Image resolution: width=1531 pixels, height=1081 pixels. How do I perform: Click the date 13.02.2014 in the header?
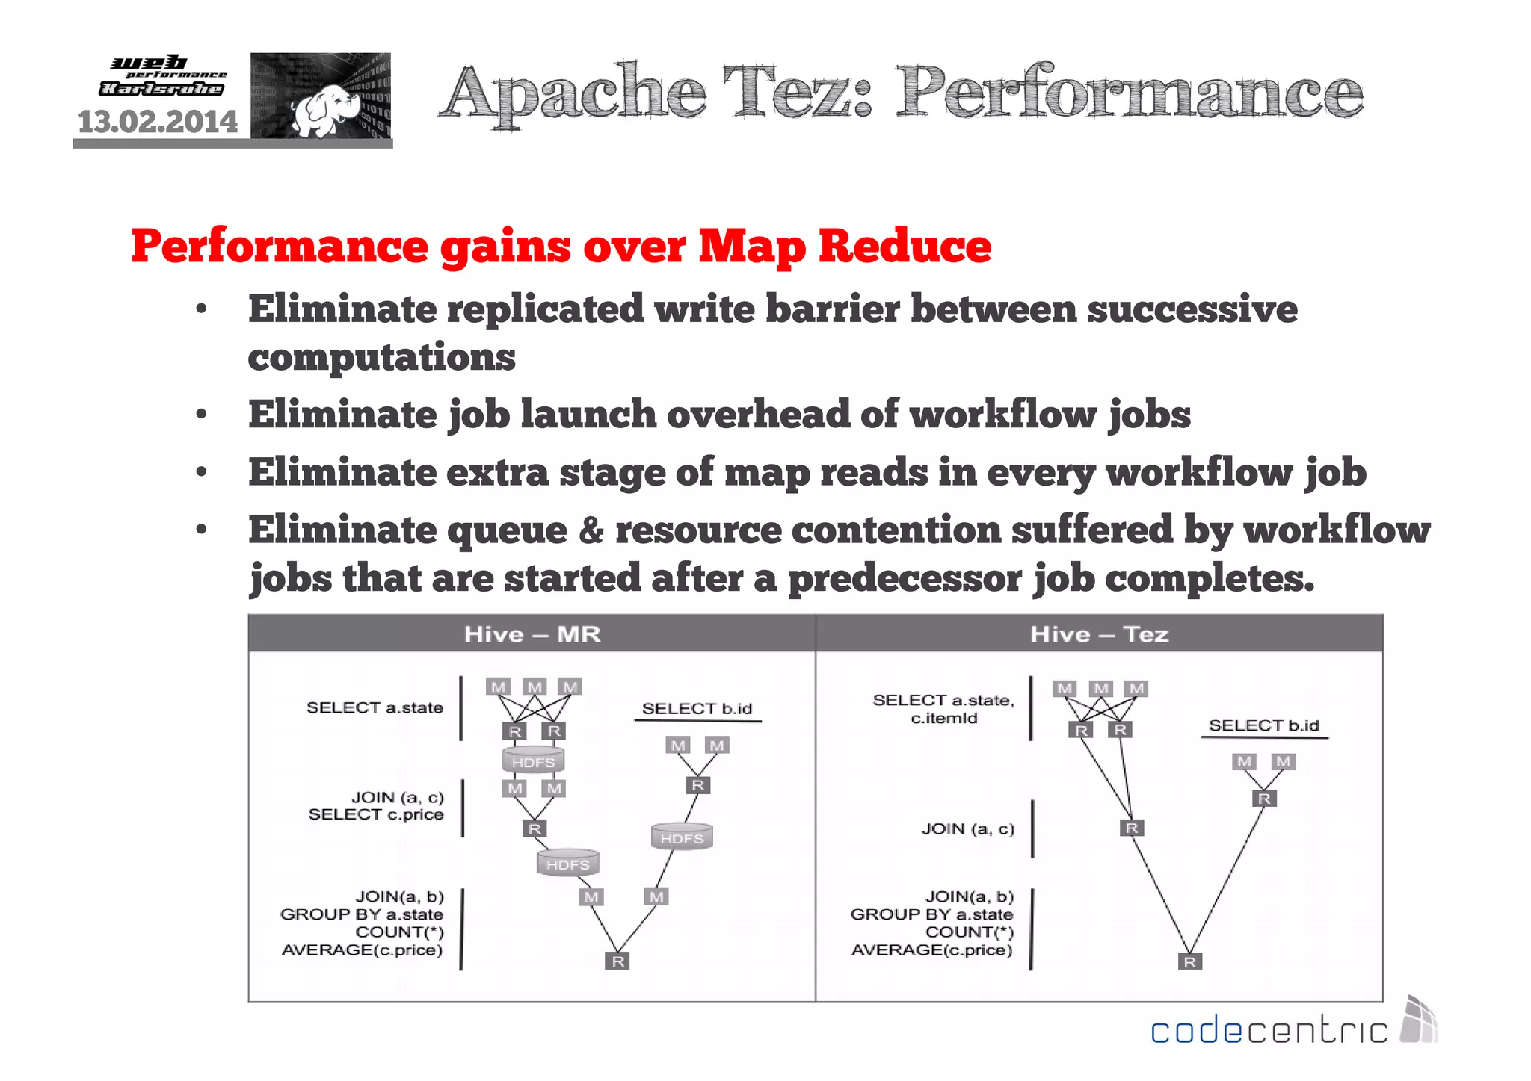pos(158,122)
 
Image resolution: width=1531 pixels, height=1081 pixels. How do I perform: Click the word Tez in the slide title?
pos(797,93)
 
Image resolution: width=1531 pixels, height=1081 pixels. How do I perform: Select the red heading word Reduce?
pos(905,246)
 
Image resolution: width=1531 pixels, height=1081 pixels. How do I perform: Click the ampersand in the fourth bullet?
pos(591,530)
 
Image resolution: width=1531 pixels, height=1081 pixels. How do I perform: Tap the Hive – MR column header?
pos(532,634)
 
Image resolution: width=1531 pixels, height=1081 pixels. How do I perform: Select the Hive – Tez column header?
pos(1099,634)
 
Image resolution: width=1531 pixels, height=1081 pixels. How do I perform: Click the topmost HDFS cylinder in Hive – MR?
pos(533,761)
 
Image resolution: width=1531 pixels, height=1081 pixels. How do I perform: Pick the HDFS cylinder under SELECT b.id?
pos(682,837)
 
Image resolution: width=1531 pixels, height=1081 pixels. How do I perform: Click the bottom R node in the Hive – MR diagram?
pos(617,961)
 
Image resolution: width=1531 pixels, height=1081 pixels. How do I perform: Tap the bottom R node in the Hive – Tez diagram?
pos(1189,962)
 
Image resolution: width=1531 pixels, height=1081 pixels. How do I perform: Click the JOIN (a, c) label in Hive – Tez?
pos(967,828)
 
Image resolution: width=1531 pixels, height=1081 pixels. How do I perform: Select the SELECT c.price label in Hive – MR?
pos(375,814)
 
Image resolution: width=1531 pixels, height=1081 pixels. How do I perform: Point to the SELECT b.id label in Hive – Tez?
pos(1263,725)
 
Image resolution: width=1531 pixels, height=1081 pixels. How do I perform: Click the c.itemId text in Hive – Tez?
pos(943,719)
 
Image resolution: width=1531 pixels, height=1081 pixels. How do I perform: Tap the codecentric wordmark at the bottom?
pos(1269,1031)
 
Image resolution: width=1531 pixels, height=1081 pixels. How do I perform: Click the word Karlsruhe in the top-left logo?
pos(161,89)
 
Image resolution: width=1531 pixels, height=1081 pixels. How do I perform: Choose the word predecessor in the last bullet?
pos(905,578)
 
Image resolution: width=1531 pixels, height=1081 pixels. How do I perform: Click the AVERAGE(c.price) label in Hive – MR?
pos(362,950)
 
